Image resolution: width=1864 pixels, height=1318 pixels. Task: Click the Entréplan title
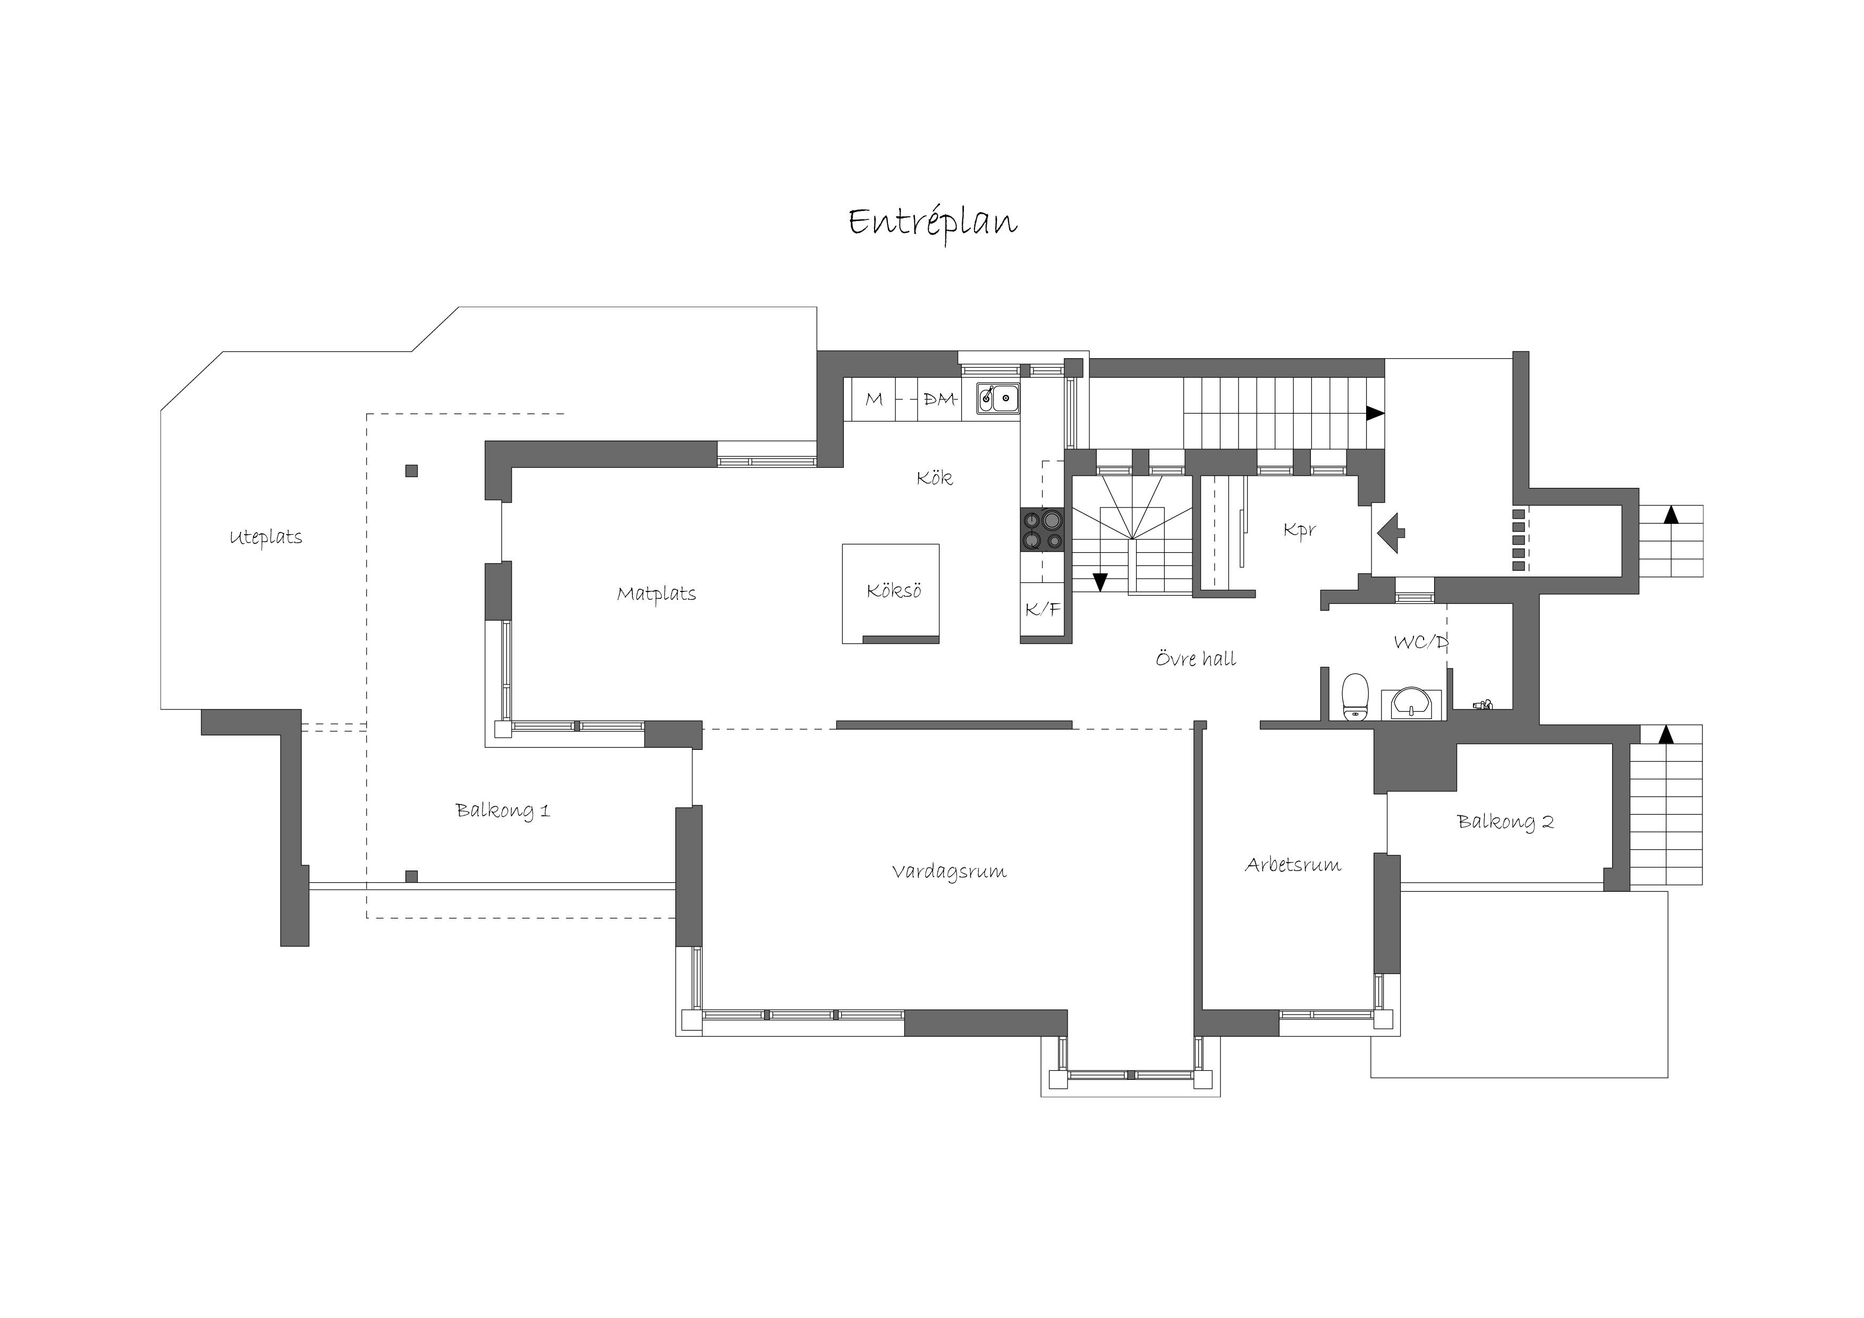pos(933,222)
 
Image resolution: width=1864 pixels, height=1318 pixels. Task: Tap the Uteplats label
pos(266,538)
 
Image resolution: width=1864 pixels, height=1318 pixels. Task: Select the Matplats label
pos(656,594)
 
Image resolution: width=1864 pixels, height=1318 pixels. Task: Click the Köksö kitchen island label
pos(894,590)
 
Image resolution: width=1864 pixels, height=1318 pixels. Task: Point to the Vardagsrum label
pos(949,872)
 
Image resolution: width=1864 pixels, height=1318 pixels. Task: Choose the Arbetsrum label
pos(1292,865)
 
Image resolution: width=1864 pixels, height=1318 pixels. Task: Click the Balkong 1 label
pos(503,810)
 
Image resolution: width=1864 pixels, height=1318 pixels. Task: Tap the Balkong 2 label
pos(1505,822)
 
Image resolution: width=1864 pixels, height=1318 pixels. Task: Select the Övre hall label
pos(1196,658)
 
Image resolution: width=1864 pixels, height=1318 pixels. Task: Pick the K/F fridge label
pos(1043,609)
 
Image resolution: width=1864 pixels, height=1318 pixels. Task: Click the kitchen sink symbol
pos(998,398)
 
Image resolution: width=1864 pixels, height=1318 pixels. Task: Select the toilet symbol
pos(1354,696)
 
